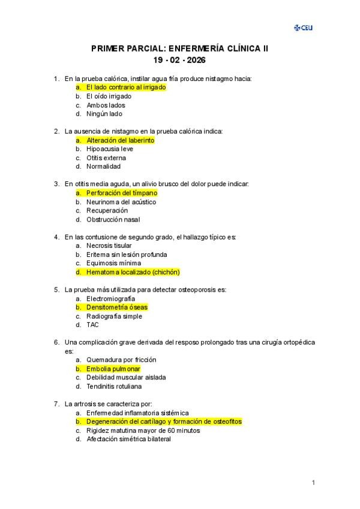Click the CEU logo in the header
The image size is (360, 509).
pos(303,28)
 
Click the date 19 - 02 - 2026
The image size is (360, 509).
pos(179,60)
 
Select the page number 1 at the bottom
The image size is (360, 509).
pos(313,483)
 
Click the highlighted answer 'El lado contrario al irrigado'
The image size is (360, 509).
pos(125,87)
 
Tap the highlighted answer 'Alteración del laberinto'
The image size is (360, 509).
pos(120,140)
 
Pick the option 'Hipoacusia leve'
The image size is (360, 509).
pos(110,149)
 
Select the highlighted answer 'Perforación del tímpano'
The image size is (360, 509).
pos(122,193)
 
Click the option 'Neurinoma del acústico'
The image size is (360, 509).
pos(121,202)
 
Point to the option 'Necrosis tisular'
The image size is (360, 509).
pos(109,245)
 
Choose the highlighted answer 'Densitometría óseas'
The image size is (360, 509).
pos(116,307)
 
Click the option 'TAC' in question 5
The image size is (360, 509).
pos(92,325)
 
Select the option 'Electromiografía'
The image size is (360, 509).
pos(110,298)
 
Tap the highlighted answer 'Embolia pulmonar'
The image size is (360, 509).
pos(113,369)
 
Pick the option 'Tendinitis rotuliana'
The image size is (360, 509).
pos(116,387)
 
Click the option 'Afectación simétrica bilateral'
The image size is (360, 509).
pos(128,439)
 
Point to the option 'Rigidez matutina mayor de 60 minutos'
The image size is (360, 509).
pos(143,430)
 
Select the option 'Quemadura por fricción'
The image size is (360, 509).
pos(121,360)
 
